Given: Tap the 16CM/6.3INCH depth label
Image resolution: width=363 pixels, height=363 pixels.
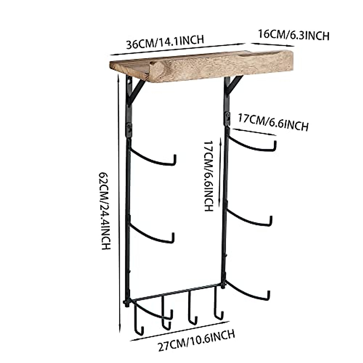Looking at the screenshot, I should (x=293, y=35).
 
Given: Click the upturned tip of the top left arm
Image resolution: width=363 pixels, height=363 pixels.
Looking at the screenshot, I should (x=175, y=160).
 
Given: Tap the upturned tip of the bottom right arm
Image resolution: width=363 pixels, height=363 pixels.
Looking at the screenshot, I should (x=268, y=295).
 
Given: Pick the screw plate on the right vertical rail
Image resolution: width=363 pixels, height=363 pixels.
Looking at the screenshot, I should (x=226, y=118).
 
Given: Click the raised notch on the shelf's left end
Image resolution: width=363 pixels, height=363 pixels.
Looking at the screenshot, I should (x=156, y=68).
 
